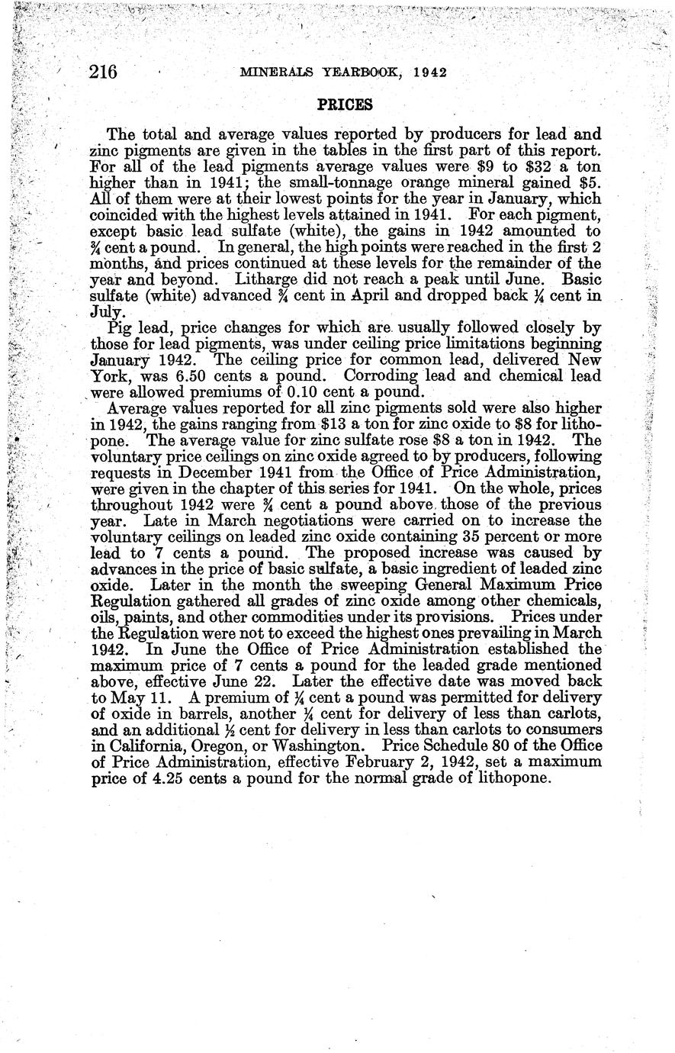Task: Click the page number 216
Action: pyautogui.click(x=102, y=72)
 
